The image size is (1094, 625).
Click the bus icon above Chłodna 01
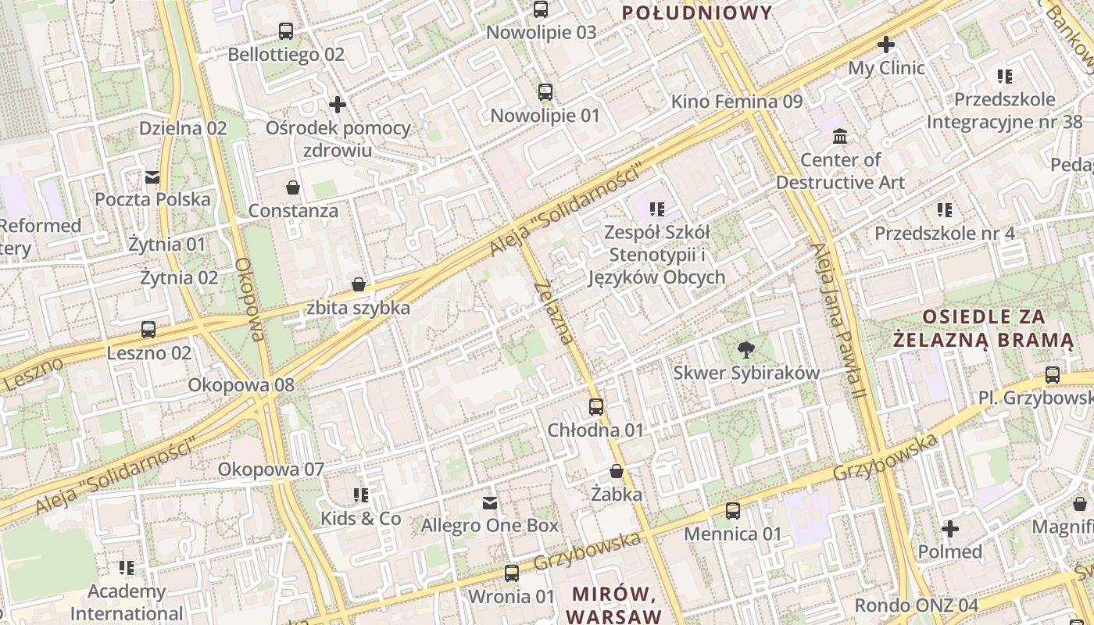pos(596,407)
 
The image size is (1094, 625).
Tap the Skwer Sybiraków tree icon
pos(746,350)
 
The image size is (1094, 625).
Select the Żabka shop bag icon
pos(617,471)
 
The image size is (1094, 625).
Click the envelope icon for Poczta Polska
pos(152,177)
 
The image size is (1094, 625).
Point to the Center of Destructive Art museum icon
pos(840,137)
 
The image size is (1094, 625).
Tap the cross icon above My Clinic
pos(885,45)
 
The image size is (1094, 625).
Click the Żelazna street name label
pos(554,312)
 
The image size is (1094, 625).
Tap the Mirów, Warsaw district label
pos(613,604)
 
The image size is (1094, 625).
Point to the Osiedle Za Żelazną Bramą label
pos(984,328)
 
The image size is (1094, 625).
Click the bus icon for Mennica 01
pos(732,511)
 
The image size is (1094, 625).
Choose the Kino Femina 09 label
pos(736,102)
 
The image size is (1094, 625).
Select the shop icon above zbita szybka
pos(359,284)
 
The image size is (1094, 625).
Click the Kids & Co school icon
pos(360,495)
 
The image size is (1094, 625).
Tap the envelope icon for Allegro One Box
pos(490,502)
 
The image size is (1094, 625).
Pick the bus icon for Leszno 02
pos(148,330)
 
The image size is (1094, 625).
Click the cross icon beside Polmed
pos(949,529)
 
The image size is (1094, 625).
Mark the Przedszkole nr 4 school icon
pos(945,210)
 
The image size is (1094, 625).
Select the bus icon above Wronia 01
pos(512,573)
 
